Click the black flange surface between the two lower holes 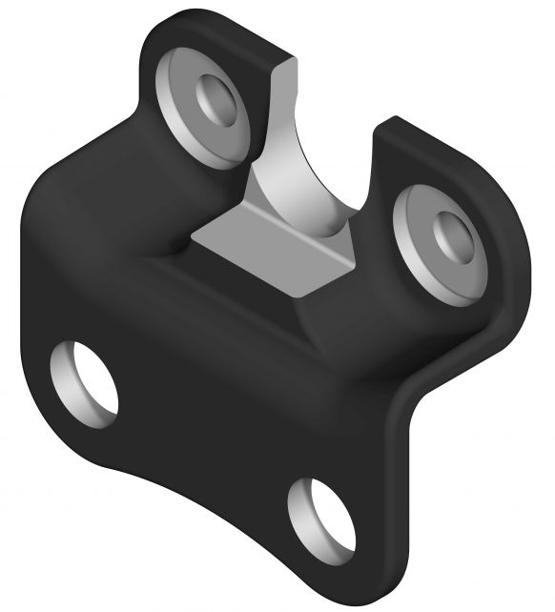tap(210, 429)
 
